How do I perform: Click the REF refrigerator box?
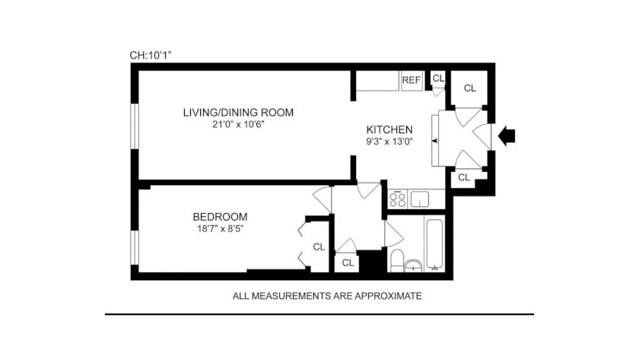coord(412,81)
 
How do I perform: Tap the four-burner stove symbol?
coord(398,199)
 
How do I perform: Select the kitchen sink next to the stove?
coord(419,199)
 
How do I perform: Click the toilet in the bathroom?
coord(397,261)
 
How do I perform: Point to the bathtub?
coord(434,245)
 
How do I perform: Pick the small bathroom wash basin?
coord(414,266)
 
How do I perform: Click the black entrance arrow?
coord(507,135)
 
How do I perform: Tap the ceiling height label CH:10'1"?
coord(151,56)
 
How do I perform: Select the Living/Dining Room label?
coord(238,113)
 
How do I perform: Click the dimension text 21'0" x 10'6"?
coord(238,125)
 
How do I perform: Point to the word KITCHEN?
coord(389,129)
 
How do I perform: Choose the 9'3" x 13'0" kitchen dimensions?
coord(389,142)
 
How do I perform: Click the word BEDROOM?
coord(220,217)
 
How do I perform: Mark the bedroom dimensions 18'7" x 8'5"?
coord(220,229)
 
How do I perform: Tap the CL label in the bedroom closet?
coord(319,247)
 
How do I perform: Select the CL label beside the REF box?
coord(438,78)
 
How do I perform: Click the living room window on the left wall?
coord(135,126)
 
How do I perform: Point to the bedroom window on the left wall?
coord(135,248)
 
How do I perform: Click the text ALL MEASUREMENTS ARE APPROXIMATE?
coord(327,296)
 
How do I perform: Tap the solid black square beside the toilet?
coord(373,261)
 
